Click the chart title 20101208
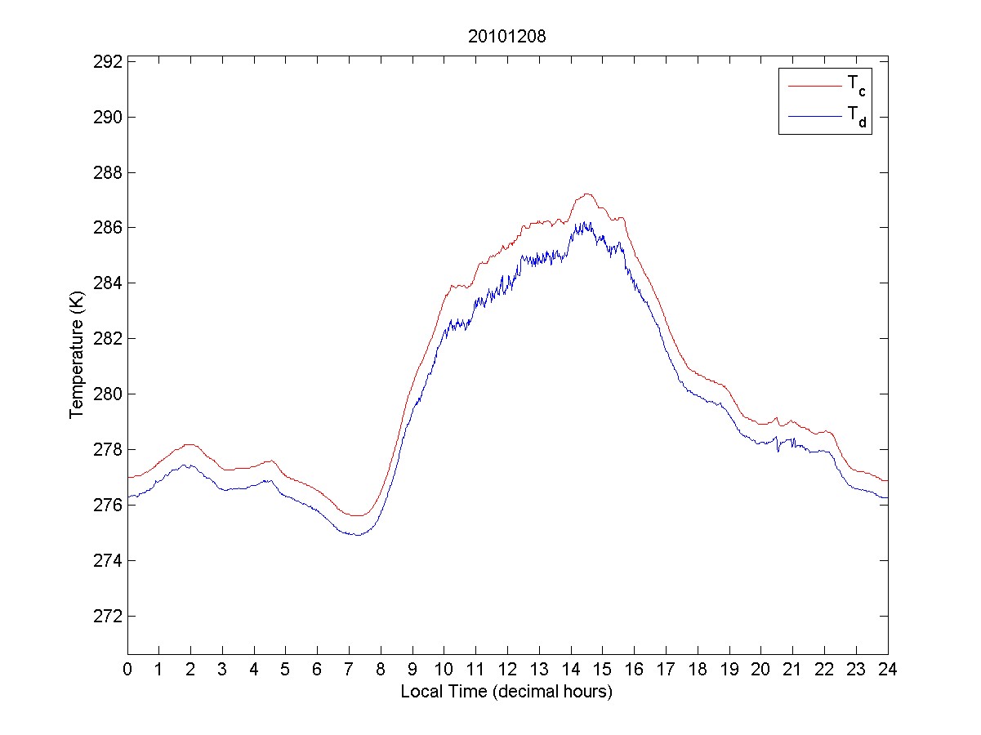(x=506, y=37)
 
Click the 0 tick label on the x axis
(x=127, y=670)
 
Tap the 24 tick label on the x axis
(x=888, y=670)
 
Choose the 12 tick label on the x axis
(x=507, y=670)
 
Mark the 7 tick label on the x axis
(x=349, y=670)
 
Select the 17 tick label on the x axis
(x=666, y=670)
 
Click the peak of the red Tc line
(x=586, y=194)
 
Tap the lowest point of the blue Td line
(x=357, y=535)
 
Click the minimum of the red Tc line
(x=357, y=515)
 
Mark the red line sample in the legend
(x=814, y=85)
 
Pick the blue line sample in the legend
(x=814, y=117)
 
